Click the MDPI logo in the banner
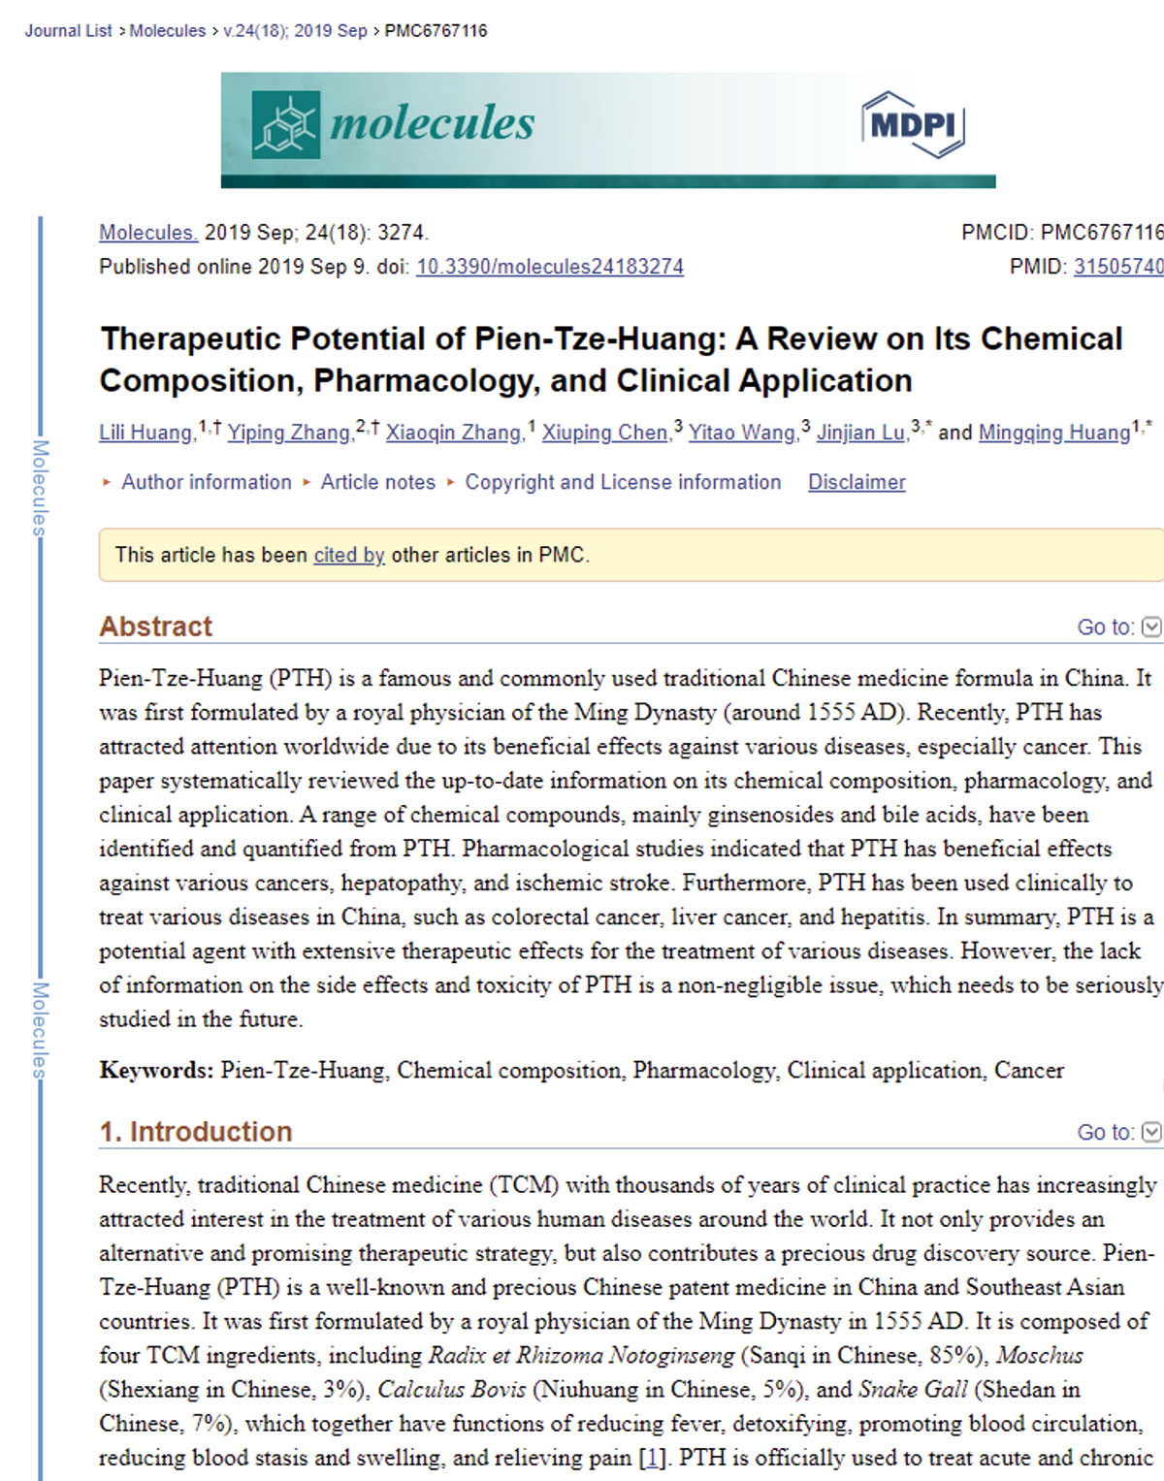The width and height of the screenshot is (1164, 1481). [x=912, y=125]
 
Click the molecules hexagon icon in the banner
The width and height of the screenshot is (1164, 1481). [x=285, y=125]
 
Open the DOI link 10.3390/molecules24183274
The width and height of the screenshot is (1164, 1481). [x=549, y=267]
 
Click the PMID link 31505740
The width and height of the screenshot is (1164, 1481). [x=1117, y=267]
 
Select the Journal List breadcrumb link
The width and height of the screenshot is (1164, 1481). [x=68, y=31]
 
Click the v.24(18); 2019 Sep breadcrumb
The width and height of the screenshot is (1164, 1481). [x=295, y=31]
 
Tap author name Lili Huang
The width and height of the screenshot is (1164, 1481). [x=145, y=433]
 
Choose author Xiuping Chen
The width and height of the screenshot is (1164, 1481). [x=604, y=433]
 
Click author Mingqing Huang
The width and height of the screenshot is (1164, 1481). [x=1053, y=433]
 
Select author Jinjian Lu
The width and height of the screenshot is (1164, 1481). [x=860, y=433]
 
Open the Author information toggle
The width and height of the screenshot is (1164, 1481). [x=205, y=482]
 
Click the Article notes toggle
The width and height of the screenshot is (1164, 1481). [x=377, y=482]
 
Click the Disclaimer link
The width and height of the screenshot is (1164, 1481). [x=857, y=482]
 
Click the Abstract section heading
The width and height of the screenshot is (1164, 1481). [x=155, y=627]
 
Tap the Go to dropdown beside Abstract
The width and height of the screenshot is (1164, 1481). [x=1118, y=628]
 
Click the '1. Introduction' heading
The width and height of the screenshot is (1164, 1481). [x=195, y=1132]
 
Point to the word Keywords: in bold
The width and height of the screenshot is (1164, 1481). [x=155, y=1071]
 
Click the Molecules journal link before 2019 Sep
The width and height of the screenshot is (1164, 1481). [x=148, y=233]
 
